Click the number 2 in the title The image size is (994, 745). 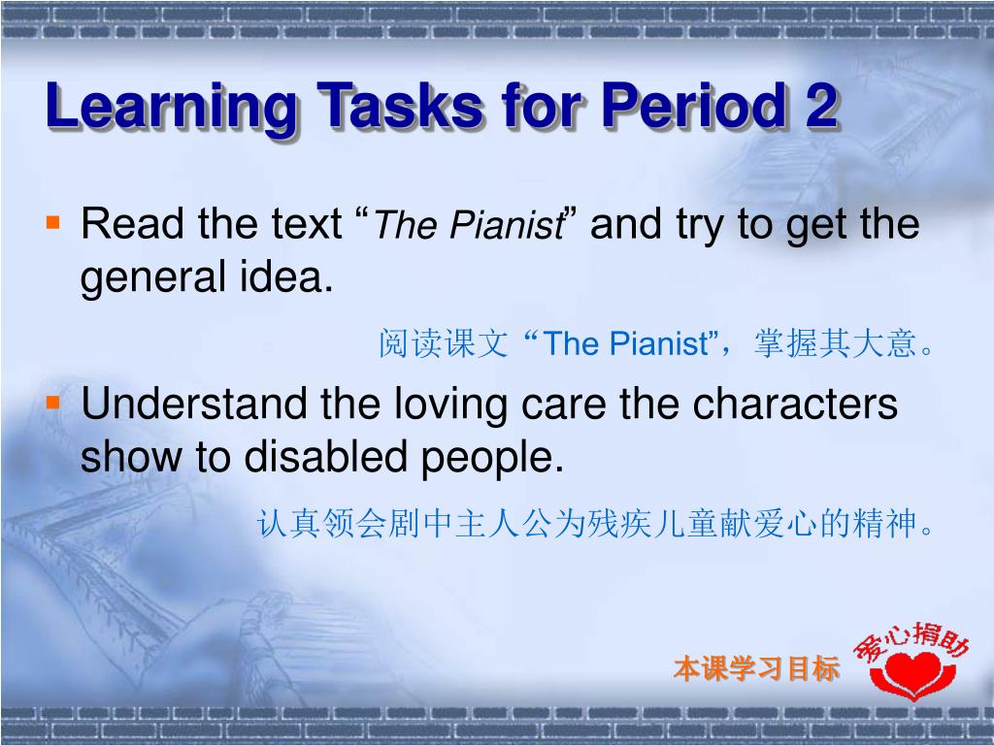(x=821, y=105)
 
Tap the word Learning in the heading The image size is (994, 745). (x=170, y=108)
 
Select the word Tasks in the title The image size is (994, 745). (x=400, y=105)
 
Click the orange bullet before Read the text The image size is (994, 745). (x=53, y=223)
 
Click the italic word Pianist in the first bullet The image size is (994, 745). (x=507, y=224)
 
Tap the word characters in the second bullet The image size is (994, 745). (x=795, y=404)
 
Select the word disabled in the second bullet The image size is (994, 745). (x=325, y=457)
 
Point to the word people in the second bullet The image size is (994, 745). (x=492, y=459)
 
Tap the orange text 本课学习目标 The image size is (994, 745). (x=756, y=668)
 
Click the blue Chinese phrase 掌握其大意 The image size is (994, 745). (x=836, y=343)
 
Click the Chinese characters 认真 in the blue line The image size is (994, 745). (x=289, y=524)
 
